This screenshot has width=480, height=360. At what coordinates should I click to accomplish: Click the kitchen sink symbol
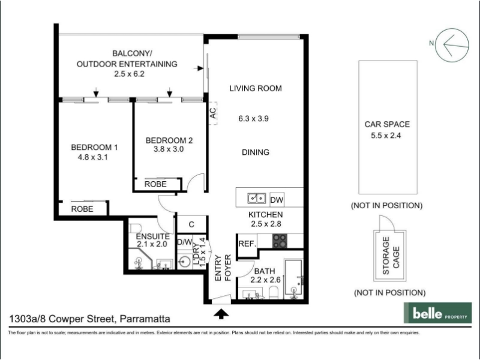tap(257, 199)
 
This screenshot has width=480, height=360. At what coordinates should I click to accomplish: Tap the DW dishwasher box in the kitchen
tap(277, 200)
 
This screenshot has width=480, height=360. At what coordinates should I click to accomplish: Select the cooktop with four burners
tap(280, 241)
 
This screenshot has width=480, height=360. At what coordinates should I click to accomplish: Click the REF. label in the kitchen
tap(247, 244)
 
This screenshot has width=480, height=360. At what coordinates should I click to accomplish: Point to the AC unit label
tap(213, 113)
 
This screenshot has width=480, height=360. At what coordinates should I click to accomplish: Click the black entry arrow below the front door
tap(221, 314)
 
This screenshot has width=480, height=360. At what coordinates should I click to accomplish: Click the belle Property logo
tap(437, 313)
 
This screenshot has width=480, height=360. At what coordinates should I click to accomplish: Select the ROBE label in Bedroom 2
tap(155, 184)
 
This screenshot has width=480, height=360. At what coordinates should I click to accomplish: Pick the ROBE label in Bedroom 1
tap(82, 209)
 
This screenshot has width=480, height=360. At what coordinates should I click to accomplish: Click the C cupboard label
tap(191, 224)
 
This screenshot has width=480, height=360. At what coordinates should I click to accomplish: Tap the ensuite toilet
tap(135, 228)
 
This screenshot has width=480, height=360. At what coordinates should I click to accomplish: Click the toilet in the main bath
tap(274, 292)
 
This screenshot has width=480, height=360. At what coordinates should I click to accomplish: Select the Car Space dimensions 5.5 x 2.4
tap(386, 136)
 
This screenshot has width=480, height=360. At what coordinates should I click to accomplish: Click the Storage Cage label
tap(391, 256)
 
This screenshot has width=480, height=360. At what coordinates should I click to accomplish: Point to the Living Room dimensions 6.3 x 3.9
tap(253, 118)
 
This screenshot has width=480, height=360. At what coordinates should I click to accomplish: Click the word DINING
tap(256, 152)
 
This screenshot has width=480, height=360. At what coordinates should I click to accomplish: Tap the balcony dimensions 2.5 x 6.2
tap(129, 74)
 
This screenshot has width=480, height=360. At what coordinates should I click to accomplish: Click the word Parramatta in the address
tap(145, 319)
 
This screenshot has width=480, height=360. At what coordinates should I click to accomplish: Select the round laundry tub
tap(185, 262)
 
